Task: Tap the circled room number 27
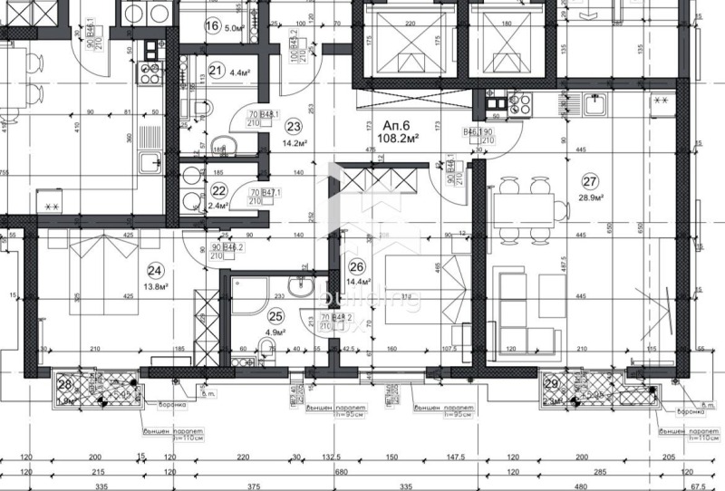[592, 178]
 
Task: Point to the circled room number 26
[356, 266]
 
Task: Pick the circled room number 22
[218, 190]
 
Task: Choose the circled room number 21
[215, 69]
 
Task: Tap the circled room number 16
[212, 25]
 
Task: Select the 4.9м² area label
[275, 332]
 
